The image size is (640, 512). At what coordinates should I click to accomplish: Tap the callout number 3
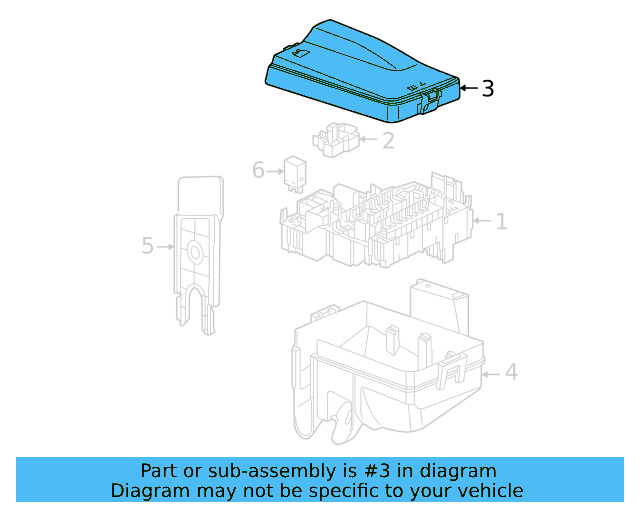point(487,89)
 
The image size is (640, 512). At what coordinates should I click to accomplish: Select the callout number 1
point(501,221)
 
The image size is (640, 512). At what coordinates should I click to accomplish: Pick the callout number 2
point(387,140)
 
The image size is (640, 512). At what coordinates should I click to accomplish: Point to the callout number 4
point(510,373)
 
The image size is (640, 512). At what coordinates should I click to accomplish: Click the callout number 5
point(148,245)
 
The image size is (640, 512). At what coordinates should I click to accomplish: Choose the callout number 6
point(258,171)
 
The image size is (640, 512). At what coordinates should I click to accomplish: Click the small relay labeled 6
point(297,171)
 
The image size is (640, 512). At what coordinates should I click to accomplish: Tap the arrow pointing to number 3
point(468,89)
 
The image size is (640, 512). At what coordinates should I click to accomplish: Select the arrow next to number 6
point(275,171)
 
